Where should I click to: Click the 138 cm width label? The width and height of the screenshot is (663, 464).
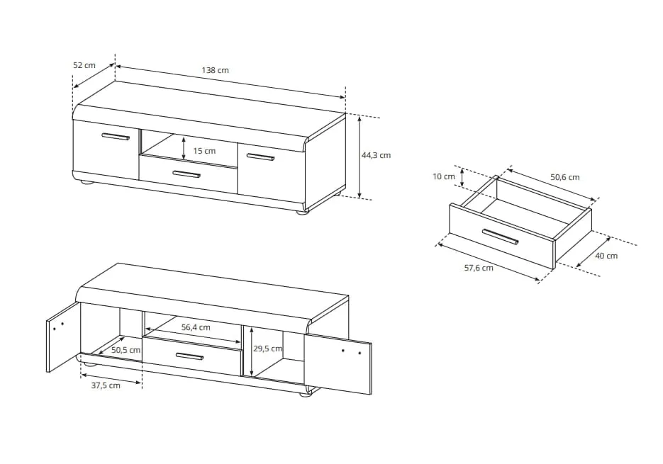pos(215,70)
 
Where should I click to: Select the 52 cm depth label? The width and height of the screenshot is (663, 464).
pos(84,65)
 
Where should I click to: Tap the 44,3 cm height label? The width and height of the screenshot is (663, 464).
pos(376,155)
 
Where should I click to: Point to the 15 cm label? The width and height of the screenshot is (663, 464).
pos(204,151)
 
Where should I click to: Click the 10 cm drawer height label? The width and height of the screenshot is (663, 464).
pos(444,176)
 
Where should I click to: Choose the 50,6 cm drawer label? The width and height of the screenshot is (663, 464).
pos(565,177)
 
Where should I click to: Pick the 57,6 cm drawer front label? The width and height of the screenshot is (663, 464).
pos(479,268)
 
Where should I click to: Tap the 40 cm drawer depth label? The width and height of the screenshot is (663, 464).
pos(606,256)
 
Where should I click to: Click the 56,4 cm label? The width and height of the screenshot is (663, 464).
pos(196,327)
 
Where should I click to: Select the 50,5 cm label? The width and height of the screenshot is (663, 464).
pos(126,350)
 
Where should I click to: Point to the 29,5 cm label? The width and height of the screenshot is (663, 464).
pos(267,349)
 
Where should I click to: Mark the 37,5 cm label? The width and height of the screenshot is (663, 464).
pos(106,385)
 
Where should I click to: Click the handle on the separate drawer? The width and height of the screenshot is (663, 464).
pos(500,236)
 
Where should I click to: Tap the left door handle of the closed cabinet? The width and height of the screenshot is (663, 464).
pos(116,137)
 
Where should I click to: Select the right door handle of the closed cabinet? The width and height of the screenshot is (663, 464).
pos(260,157)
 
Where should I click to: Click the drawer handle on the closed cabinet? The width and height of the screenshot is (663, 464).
pos(186,174)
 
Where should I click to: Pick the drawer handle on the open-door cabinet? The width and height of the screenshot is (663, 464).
pos(189,356)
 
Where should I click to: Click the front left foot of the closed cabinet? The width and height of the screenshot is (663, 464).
pos(87,183)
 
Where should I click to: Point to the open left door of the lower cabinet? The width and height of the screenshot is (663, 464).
pos(63,337)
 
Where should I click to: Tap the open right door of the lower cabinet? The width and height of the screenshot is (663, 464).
pos(338,364)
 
